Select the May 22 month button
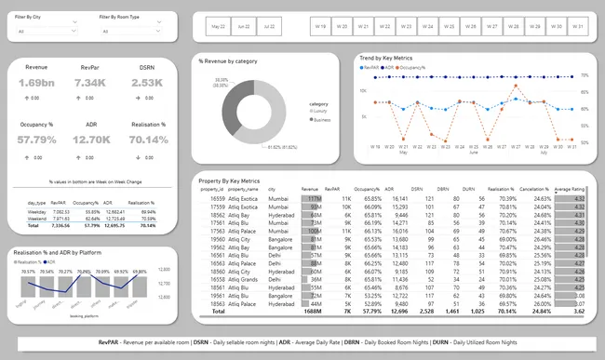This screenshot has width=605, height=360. coord(218,27)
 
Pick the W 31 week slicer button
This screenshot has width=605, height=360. coord(578,27)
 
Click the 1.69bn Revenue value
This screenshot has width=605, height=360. coord(36,84)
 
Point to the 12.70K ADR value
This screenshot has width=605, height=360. coord(90,140)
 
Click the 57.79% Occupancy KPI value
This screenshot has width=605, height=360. coord(36,140)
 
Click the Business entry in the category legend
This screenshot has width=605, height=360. coord(320,119)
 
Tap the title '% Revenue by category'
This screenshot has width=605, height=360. coord(228,61)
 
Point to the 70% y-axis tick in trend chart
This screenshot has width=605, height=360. coord(584,76)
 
